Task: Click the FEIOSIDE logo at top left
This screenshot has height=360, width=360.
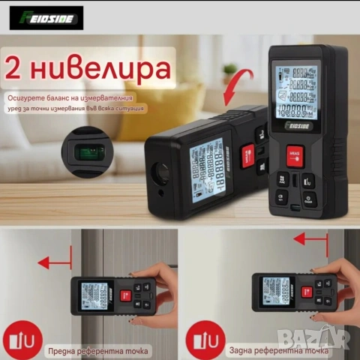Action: pos(46,17)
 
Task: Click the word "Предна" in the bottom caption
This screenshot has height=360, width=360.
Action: pos(64,349)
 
